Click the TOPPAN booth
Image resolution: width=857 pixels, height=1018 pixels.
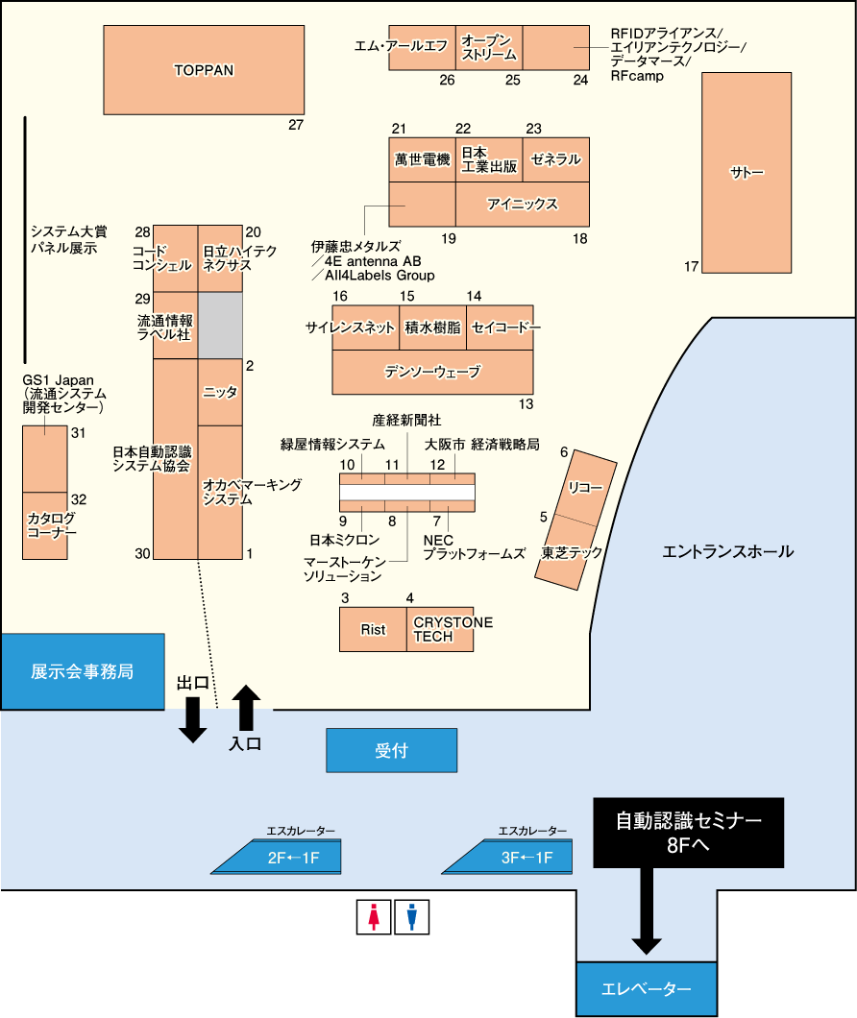pos(204,70)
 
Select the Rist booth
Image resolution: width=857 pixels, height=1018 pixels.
pos(373,629)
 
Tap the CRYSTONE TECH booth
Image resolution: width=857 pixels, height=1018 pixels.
pos(440,629)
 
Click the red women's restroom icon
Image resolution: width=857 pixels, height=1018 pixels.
pos(374,917)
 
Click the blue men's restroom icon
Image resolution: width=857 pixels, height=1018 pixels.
pos(412,917)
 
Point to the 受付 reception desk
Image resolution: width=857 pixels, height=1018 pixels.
pos(392,750)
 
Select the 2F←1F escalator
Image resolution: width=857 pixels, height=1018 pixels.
pos(276,857)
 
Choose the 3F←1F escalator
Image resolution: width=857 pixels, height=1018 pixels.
pos(507,857)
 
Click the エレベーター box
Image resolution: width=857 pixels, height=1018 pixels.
pos(647,989)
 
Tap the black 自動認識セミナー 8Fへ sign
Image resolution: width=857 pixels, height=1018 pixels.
pos(689,833)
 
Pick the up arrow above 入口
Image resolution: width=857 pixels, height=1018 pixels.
pos(246,708)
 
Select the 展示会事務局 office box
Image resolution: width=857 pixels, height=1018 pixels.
pos(83,671)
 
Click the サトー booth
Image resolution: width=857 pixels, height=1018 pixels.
pos(747,173)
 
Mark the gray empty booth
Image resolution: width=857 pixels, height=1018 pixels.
pos(220,326)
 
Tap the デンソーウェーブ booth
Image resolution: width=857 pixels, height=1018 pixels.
pos(432,372)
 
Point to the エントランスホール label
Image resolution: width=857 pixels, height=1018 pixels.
pos(727,552)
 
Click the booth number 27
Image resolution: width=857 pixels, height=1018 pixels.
pos(296,125)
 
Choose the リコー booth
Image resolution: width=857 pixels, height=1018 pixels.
pos(585,488)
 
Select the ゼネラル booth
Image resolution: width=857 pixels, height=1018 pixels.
pos(556,159)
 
